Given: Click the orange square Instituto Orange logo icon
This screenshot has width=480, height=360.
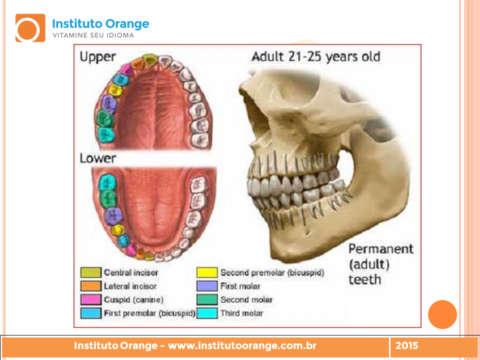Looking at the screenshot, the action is click(30, 28).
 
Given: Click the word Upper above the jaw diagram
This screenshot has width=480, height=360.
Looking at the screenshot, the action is click(97, 57).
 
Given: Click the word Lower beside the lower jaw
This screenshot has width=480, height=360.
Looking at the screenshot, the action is click(97, 158).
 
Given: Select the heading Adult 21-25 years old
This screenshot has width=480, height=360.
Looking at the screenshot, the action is click(316, 56).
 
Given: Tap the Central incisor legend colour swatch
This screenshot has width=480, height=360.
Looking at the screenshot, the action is click(91, 272).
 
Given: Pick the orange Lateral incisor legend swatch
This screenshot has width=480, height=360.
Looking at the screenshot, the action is click(91, 286).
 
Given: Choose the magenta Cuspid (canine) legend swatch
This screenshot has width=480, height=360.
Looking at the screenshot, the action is click(91, 299).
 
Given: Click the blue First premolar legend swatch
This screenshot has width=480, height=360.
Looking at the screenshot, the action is click(91, 313).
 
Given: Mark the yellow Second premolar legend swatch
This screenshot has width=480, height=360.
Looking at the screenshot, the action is click(207, 272).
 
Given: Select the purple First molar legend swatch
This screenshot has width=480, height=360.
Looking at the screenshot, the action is click(207, 286).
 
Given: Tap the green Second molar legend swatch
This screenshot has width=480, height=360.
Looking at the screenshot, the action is click(207, 299).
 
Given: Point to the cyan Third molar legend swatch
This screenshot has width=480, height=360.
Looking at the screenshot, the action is click(207, 313).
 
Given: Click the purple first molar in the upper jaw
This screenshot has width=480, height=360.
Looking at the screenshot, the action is click(108, 104).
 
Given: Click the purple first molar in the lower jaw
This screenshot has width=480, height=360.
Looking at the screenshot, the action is click(113, 216).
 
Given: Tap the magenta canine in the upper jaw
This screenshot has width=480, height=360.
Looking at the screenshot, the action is click(126, 69).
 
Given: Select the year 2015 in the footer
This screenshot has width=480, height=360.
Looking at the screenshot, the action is click(407, 345).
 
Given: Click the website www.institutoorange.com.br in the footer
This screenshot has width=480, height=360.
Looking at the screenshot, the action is click(242, 345).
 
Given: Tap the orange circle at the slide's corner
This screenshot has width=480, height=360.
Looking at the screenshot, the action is click(442, 314).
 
